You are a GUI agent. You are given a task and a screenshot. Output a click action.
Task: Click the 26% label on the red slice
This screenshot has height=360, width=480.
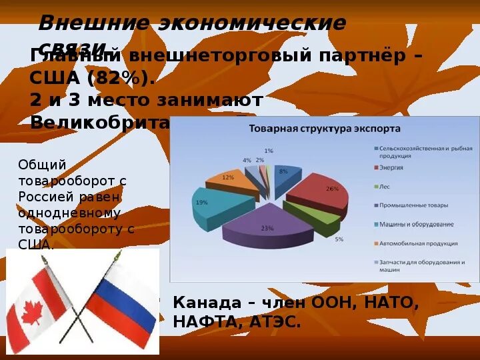(331, 189)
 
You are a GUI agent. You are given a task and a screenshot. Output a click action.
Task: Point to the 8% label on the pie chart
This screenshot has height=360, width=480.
(283, 172)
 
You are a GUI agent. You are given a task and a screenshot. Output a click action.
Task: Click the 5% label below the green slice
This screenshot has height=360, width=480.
(339, 239)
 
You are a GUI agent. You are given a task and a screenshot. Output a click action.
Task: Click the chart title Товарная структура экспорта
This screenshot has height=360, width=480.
(325, 128)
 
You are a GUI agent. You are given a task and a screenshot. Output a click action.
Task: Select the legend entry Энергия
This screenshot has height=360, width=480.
(394, 167)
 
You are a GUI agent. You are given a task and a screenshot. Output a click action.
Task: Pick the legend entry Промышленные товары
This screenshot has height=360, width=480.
(413, 205)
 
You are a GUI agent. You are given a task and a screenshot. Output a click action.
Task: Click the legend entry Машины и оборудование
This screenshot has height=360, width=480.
(417, 224)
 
